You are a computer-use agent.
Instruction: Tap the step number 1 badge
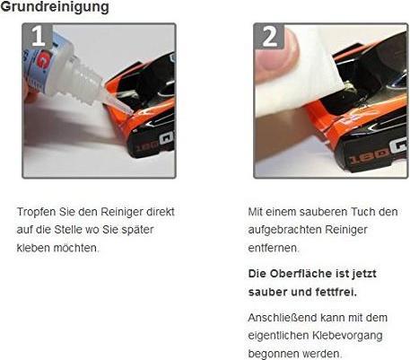click(38, 36)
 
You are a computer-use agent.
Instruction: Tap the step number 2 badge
click(270, 36)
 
